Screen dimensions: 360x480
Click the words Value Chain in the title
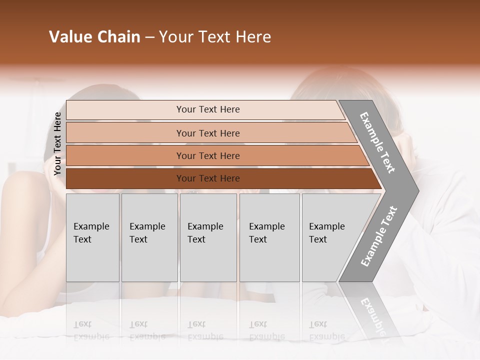click(x=94, y=37)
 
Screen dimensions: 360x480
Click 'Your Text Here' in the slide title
click(x=215, y=37)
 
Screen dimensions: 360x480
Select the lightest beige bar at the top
click(x=125, y=110)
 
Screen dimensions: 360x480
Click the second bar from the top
click(x=125, y=133)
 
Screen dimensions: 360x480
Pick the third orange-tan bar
click(x=125, y=155)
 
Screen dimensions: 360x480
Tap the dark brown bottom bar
click(x=125, y=178)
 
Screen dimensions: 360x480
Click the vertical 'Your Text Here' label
click(x=57, y=143)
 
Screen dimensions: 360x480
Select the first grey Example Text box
click(x=92, y=237)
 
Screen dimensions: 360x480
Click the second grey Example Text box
click(x=149, y=237)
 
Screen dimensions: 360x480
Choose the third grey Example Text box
click(x=208, y=237)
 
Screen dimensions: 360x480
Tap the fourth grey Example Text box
click(x=269, y=237)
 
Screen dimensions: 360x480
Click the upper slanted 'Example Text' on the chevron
click(x=377, y=142)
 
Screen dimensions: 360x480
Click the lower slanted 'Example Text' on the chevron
click(x=379, y=236)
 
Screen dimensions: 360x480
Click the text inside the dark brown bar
click(x=208, y=178)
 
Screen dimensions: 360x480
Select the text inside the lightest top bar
click(x=208, y=109)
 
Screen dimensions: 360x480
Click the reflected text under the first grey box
click(x=91, y=330)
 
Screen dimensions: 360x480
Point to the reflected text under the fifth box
click(x=326, y=330)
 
